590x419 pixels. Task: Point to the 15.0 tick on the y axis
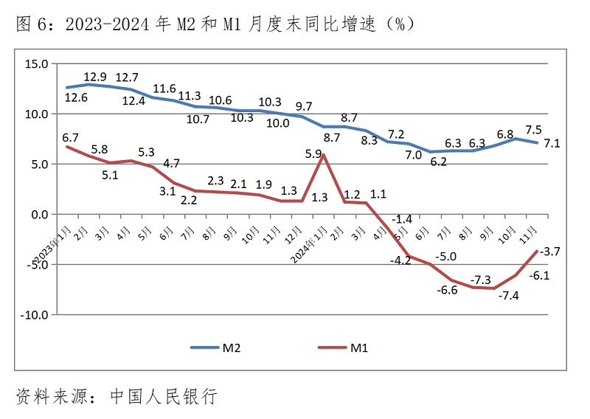pyautogui.click(x=35, y=64)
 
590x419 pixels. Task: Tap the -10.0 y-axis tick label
pyautogui.click(x=33, y=315)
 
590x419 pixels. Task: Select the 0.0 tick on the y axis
pyautogui.click(x=38, y=215)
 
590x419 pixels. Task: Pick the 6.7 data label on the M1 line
pyautogui.click(x=71, y=138)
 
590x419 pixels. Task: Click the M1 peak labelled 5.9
pyautogui.click(x=313, y=155)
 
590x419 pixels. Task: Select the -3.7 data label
pyautogui.click(x=549, y=252)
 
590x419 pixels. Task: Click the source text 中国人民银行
pyautogui.click(x=164, y=396)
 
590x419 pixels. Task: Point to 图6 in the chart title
pyautogui.click(x=33, y=24)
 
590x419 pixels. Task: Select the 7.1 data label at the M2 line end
pyautogui.click(x=552, y=144)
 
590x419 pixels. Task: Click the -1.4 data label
pyautogui.click(x=402, y=219)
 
